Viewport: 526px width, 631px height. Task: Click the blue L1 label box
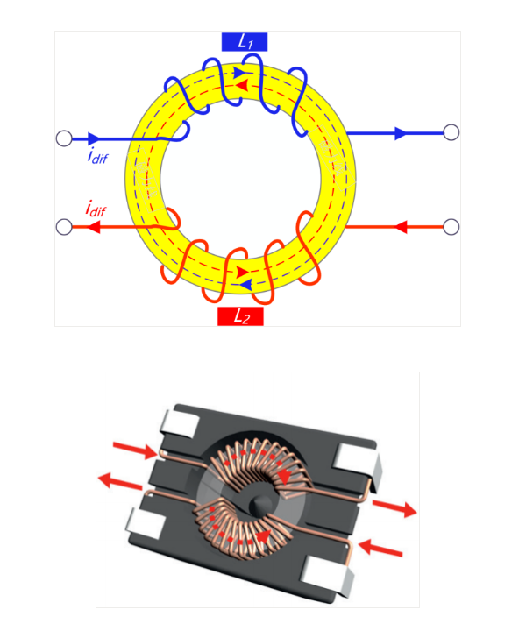[245, 42]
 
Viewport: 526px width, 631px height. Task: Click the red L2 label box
[240, 316]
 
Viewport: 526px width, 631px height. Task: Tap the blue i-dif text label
[97, 156]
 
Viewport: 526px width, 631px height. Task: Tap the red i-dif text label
[96, 209]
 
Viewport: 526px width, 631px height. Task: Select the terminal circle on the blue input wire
[64, 138]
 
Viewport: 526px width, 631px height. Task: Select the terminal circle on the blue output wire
[451, 132]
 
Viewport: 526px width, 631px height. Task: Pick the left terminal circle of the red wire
[64, 227]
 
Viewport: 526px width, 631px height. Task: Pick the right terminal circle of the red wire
[451, 227]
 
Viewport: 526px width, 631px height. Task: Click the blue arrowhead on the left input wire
[94, 138]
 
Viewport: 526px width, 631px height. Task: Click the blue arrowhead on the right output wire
[401, 133]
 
